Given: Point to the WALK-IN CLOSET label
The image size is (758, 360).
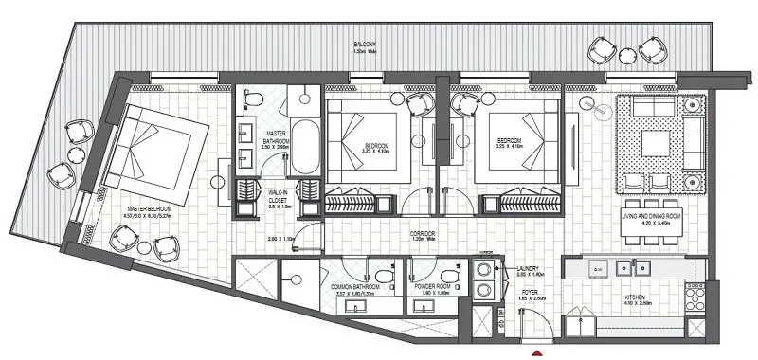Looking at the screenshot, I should [x=278, y=196].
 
